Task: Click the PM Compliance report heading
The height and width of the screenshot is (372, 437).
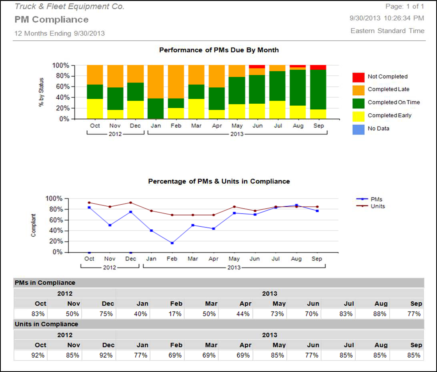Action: click(52, 20)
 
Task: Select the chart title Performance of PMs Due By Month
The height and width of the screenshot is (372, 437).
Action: click(219, 50)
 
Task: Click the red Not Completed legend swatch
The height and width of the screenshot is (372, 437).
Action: click(358, 77)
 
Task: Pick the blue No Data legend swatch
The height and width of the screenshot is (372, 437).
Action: click(358, 129)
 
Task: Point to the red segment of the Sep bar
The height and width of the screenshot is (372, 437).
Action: click(318, 67)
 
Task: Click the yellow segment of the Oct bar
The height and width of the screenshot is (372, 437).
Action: click(95, 109)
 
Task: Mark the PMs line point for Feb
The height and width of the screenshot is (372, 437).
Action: click(172, 243)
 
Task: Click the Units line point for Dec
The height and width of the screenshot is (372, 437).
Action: click(130, 203)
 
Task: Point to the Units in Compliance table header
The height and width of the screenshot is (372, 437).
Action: click(46, 324)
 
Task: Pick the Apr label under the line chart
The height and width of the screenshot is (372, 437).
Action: click(214, 259)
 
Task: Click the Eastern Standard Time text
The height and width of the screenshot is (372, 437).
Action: click(387, 31)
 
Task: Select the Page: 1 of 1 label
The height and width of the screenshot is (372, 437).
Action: click(405, 6)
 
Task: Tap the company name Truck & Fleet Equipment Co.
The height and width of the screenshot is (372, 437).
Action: click(70, 6)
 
